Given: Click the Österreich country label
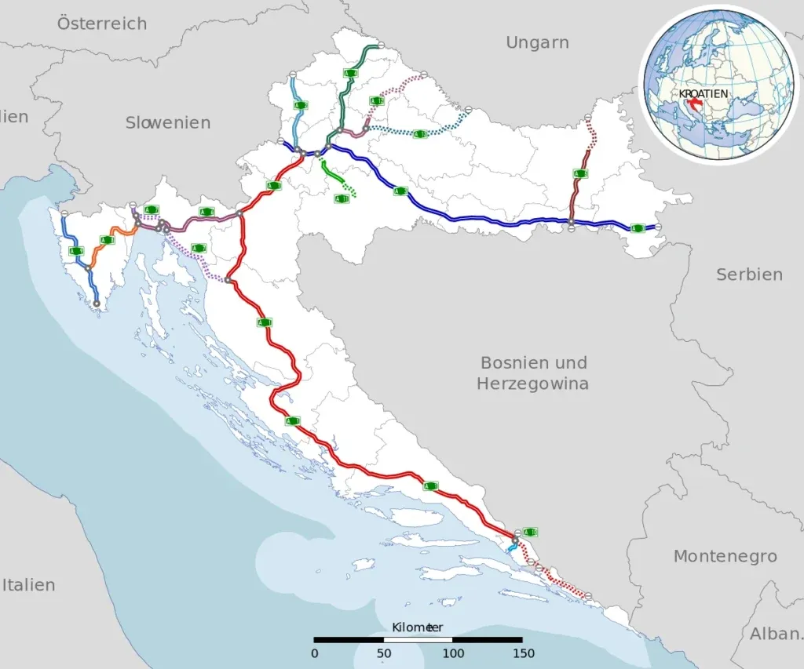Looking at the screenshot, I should (101, 24).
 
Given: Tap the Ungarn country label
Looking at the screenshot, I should (537, 42).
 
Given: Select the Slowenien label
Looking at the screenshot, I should (167, 122).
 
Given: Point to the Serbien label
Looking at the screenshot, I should (748, 275).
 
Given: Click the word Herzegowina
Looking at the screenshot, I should (532, 384).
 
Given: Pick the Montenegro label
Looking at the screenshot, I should (725, 556).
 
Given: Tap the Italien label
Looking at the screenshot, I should (28, 584).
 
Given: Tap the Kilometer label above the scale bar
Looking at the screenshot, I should (417, 627).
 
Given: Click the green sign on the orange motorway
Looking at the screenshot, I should (108, 240).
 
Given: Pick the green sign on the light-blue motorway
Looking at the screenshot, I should (301, 104).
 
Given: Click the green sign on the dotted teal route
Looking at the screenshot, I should (420, 134).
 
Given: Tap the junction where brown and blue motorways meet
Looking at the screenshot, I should (572, 225).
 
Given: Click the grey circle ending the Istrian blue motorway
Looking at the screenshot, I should (97, 303).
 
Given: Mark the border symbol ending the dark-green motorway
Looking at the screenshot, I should (381, 45).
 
